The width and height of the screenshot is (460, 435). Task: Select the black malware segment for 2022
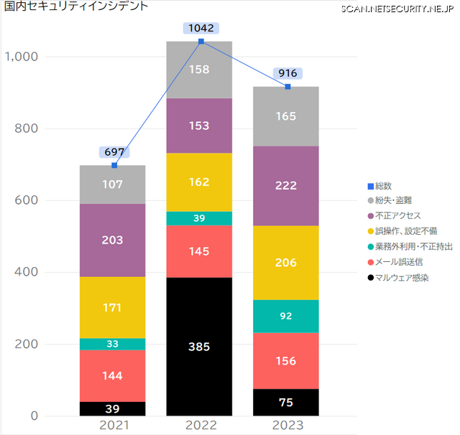199,346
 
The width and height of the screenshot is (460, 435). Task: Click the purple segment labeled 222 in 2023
286,185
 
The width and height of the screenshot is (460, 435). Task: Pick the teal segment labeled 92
286,315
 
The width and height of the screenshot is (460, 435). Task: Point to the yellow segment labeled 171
113,307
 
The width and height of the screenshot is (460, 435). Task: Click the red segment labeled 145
199,251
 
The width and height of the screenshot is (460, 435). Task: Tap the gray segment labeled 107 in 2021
113,184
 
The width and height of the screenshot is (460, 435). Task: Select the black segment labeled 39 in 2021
113,408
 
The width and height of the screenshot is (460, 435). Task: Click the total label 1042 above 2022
201,28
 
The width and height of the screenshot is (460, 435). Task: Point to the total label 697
114,152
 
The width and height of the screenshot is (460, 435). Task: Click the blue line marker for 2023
287,87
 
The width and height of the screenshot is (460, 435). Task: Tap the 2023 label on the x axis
286,426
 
